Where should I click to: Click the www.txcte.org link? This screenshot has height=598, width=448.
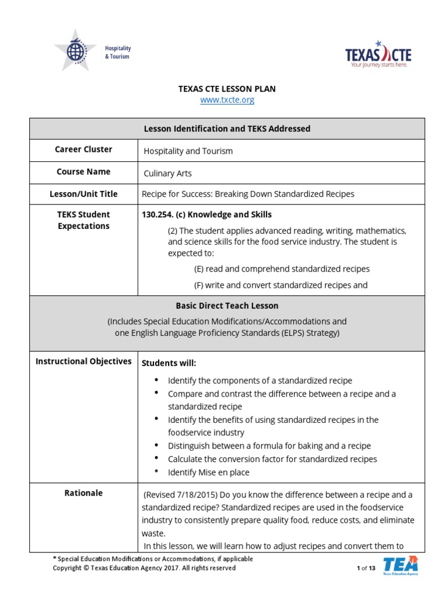tap(227, 100)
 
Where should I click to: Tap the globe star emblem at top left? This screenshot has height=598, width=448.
tap(75, 50)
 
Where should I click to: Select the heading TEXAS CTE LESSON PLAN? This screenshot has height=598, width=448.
tap(227, 89)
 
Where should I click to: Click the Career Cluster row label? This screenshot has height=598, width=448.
tap(83, 149)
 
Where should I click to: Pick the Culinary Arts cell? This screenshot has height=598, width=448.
tap(168, 173)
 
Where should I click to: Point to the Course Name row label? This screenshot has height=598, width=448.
tap(83, 172)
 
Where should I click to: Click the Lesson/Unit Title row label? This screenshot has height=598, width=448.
tap(83, 194)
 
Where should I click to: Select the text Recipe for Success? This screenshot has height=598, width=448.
tap(176, 194)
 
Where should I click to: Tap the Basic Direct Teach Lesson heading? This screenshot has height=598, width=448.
tap(227, 305)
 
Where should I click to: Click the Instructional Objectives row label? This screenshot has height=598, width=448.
tap(83, 361)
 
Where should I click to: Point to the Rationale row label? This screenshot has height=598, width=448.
tap(83, 493)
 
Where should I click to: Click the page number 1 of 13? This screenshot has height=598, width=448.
tap(366, 568)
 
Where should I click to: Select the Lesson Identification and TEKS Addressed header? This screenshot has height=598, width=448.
tap(227, 128)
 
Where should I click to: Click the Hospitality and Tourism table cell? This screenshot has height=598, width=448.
tap(188, 151)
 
